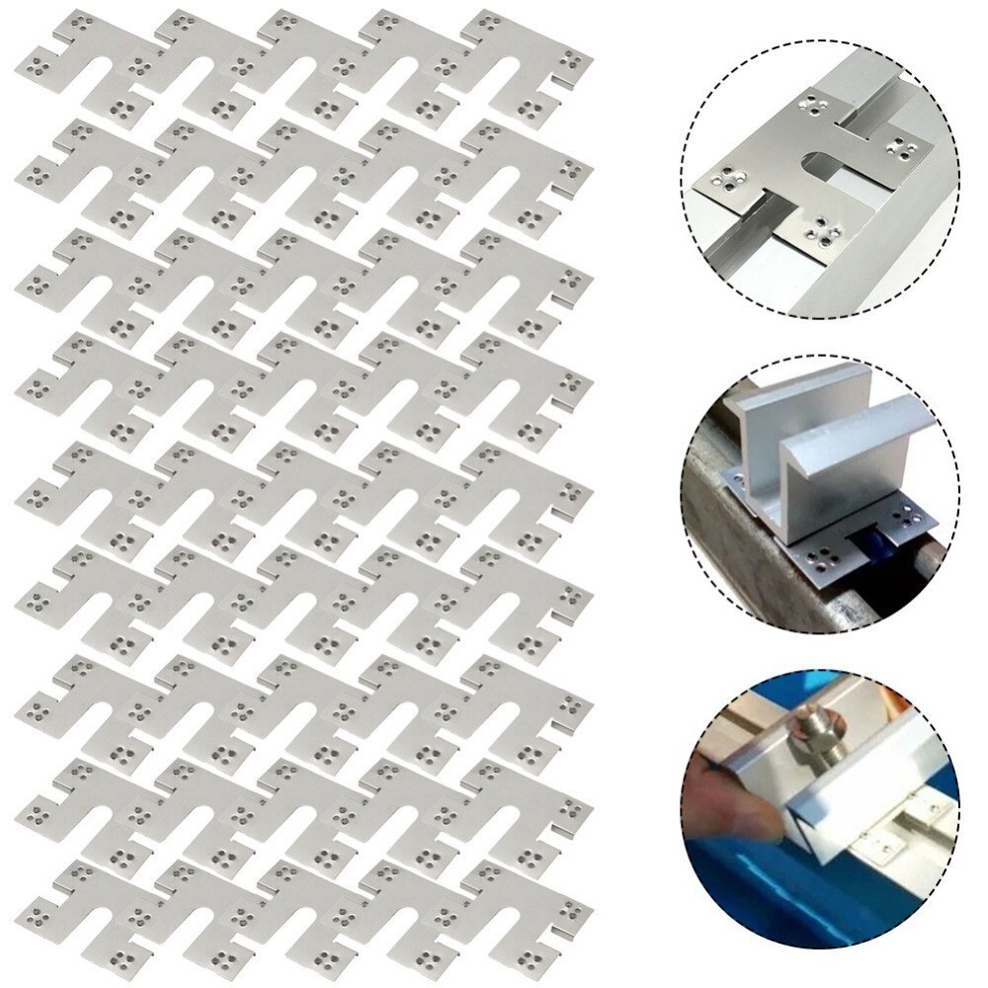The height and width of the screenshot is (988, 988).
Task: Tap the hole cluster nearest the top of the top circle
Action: pos(815,103)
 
